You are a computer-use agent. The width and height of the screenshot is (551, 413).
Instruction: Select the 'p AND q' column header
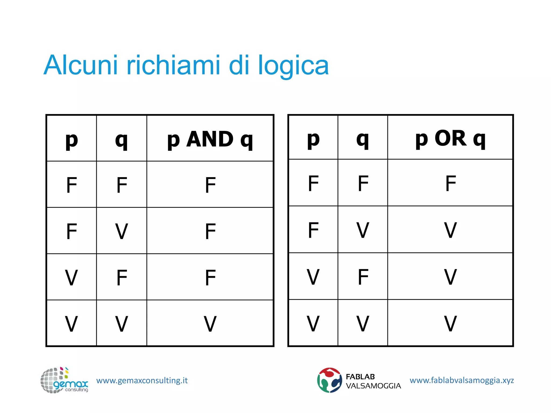pos(210,139)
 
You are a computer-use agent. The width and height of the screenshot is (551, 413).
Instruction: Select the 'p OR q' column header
pos(450,138)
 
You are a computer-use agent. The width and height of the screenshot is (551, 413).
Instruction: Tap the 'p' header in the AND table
pos(72,140)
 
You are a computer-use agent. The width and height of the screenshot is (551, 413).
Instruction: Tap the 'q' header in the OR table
pos(362,139)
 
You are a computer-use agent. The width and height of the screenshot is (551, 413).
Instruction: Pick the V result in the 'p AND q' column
pos(210,323)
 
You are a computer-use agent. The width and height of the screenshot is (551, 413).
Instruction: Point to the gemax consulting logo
pos(64,380)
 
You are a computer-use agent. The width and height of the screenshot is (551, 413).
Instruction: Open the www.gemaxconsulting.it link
pos(142,380)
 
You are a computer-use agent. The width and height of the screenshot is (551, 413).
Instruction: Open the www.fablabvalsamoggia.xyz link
pos(462,380)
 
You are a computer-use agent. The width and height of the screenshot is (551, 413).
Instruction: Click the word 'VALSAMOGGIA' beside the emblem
pos(373,386)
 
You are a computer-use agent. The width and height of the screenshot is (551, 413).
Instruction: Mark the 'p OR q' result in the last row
pos(450,323)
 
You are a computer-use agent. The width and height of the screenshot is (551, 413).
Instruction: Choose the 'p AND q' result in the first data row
pos(210,185)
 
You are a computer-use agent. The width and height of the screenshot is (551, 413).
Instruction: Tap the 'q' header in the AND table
pos(121,140)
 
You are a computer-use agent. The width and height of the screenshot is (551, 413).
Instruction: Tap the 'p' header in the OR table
pos(313,139)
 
